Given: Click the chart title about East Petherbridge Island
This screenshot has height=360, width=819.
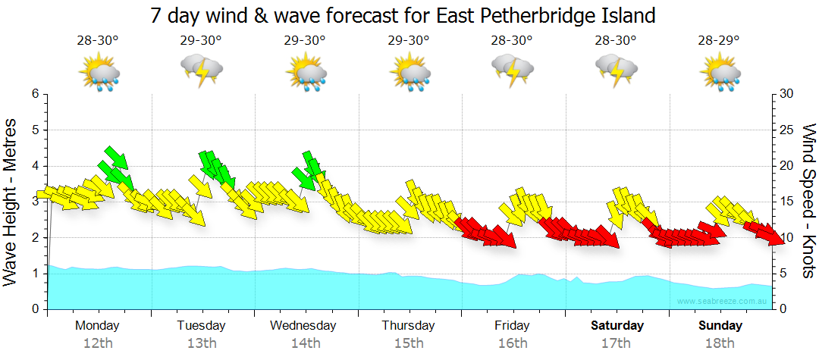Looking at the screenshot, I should [402, 15].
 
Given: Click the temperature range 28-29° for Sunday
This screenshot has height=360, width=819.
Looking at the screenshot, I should [719, 41].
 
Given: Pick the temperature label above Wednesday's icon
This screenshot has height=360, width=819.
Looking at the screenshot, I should [305, 41].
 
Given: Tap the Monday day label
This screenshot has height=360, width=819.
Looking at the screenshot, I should [97, 326].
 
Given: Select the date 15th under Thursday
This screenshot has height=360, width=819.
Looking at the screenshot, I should [409, 343].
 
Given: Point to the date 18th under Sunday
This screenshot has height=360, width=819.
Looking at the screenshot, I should [720, 343].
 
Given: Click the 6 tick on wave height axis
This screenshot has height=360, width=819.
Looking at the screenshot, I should [34, 94].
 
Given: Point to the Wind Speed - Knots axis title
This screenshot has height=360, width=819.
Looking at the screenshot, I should [808, 201].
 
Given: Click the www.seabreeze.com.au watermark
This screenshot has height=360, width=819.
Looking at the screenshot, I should [722, 301].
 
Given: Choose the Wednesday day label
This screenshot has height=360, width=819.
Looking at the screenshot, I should [303, 326].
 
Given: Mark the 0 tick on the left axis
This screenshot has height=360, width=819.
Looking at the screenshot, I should [34, 309].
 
